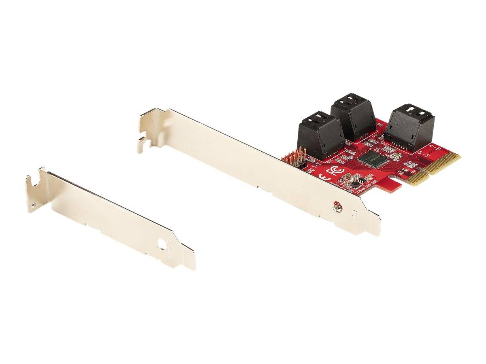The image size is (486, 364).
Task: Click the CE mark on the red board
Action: click(x=323, y=177)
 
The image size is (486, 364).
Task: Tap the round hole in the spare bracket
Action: click(x=162, y=245)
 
